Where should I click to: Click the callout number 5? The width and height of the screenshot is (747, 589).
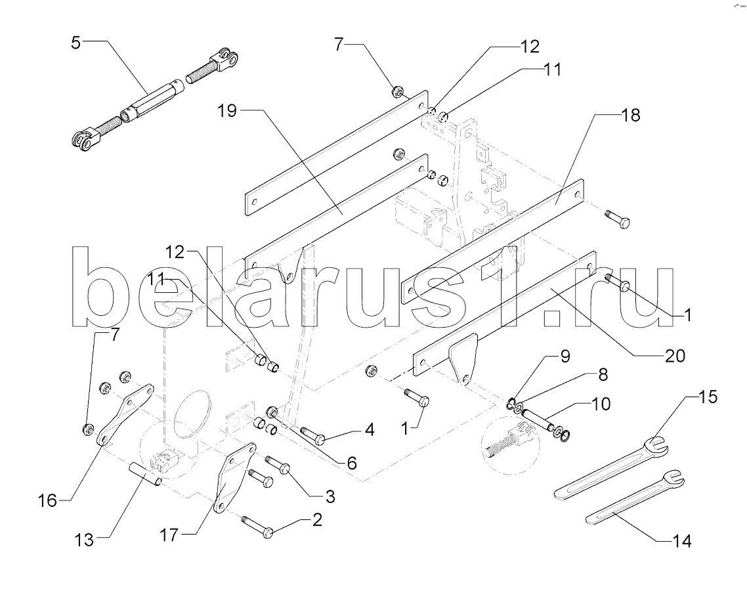pyautogui.click(x=77, y=44)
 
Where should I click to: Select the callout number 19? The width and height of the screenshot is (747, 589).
pyautogui.click(x=228, y=110)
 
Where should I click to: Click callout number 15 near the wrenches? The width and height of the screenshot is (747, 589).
pyautogui.click(x=708, y=398)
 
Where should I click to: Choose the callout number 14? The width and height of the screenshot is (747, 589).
pyautogui.click(x=681, y=541)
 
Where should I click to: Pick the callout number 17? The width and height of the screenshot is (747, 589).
pyautogui.click(x=169, y=535)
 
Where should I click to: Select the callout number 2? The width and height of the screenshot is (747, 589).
pyautogui.click(x=316, y=521)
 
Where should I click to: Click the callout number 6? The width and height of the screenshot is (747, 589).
pyautogui.click(x=352, y=462)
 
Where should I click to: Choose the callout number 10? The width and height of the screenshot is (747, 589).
pyautogui.click(x=601, y=403)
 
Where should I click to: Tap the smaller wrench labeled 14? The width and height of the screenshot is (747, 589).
pyautogui.click(x=633, y=499)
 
